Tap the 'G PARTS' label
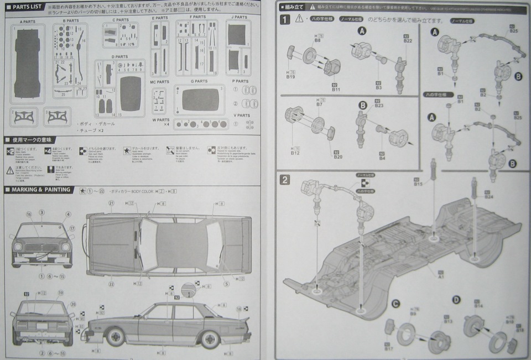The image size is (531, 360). click(199, 81)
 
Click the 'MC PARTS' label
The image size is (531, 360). click(160, 82)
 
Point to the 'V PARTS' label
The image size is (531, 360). click(241, 115)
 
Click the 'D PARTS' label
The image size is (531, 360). click(119, 56)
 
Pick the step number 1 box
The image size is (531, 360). click(284, 19)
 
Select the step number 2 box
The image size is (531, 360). click(284, 179)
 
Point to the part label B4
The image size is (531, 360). click(382, 158)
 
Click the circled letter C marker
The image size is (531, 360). click(396, 304)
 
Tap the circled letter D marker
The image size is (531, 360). click(456, 300)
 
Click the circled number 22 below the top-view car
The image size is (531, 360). click(111, 284)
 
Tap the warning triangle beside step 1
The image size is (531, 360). click(299, 19)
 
